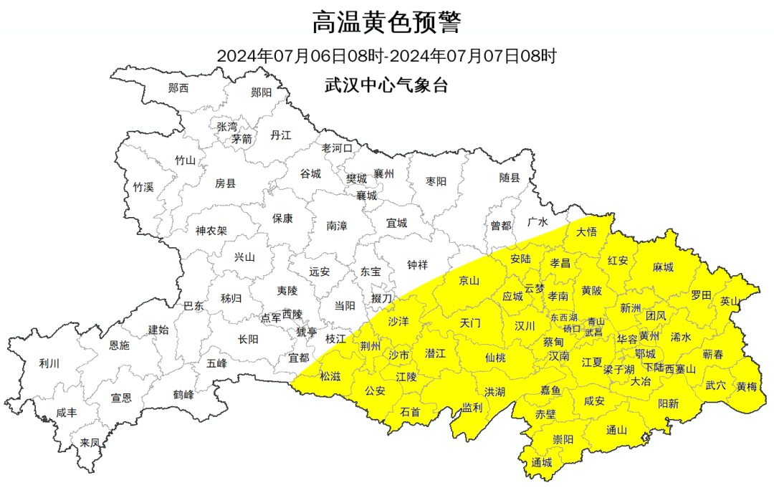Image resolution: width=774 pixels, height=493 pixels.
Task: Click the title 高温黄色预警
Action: pos(386,23)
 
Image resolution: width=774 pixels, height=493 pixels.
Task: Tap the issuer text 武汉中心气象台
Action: pos(386,85)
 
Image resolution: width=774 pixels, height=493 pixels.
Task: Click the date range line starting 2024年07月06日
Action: pos(386,56)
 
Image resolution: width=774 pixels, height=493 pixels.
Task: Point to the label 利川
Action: pos(49,363)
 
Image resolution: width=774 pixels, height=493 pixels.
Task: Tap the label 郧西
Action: pos(178,88)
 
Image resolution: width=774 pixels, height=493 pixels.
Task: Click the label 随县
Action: pos(509,178)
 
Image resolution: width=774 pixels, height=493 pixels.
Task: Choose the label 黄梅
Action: pos(746,386)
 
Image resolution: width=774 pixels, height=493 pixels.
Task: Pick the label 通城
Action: pos(542,462)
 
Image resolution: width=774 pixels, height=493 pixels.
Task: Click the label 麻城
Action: pos(663,267)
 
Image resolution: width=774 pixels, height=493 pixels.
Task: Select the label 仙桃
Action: pos(494,357)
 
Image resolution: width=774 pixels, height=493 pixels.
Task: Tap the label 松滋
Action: pos(330,375)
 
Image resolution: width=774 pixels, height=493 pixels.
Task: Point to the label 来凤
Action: pos(90,443)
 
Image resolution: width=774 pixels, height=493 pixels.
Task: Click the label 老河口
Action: pos(337,148)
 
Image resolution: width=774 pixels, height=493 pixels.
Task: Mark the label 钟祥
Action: pos(417,264)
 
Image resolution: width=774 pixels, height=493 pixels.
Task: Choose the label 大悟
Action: pos(586,231)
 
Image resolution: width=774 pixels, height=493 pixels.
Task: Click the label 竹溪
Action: pos(143,187)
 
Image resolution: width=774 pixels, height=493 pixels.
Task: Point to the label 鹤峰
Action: pos(183,394)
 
